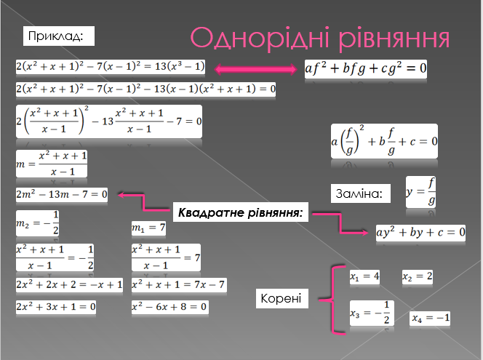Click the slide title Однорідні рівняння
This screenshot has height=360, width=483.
pos(320,39)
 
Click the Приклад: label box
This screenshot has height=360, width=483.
pos(59,36)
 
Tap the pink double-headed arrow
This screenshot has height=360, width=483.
pos(255,69)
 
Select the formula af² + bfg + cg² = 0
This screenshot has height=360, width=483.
pos(366,69)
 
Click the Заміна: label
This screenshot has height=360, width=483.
pos(360,193)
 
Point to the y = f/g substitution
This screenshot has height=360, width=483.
pos(420,192)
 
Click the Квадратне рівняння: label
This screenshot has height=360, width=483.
pos(241,212)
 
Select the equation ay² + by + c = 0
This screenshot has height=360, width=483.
pos(420,233)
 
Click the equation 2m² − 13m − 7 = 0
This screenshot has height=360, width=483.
pos(62,195)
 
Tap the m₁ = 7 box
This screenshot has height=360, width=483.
pos(148,228)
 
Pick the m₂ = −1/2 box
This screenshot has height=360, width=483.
pos(37,223)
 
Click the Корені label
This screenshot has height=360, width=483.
pos(282,298)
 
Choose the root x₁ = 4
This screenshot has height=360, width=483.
pos(364,276)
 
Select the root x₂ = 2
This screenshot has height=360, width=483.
pos(418,276)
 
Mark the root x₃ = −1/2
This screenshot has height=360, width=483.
pos(372,313)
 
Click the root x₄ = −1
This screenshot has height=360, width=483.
pos(430,318)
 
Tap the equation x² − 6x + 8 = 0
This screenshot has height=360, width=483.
pos(169,307)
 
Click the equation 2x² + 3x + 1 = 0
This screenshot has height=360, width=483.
pos(56,307)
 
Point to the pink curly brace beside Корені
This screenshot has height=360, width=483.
pos(332,300)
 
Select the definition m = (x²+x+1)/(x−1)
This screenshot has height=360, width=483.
pos(52,164)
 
